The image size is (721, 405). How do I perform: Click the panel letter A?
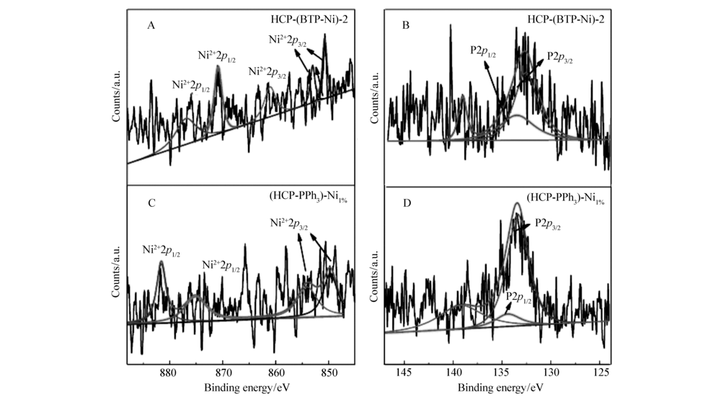coord(151,26)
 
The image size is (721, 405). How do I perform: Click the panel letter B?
coord(405,26)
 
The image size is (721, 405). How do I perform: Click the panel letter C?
coord(151,203)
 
